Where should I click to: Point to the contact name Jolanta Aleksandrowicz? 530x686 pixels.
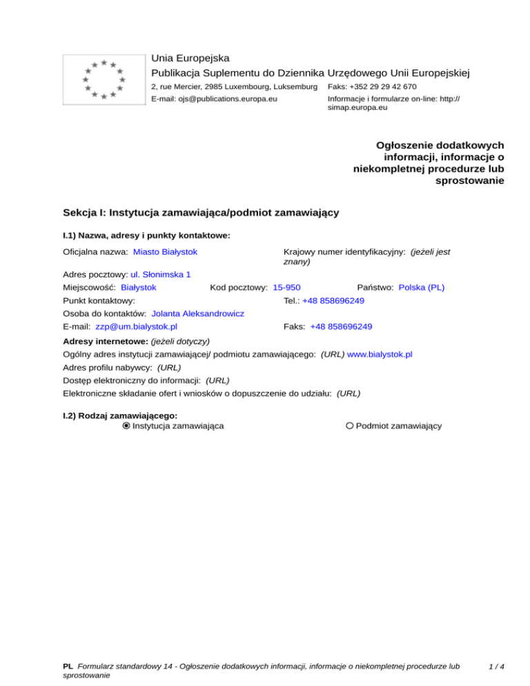197,313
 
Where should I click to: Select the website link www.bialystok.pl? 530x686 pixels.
380,354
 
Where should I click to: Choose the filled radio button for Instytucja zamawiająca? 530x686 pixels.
126,426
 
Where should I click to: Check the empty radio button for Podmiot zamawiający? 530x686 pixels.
350,426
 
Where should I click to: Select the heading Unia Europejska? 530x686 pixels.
190,58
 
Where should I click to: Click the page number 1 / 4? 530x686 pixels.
495,667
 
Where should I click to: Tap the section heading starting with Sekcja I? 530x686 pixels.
200,213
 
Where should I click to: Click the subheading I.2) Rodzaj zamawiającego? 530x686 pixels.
120,415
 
